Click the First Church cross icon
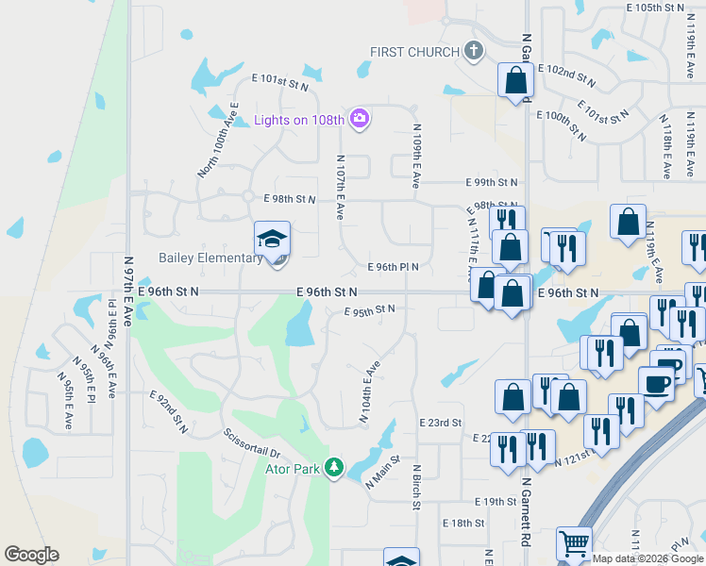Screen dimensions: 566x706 (474, 51)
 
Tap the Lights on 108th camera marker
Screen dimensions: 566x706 (359, 119)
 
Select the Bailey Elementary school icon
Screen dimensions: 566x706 (273, 238)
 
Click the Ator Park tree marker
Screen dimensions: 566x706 (332, 467)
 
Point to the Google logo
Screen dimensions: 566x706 (31, 555)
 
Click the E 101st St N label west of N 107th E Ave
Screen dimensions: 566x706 (280, 85)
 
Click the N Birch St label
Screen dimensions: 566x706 (415, 487)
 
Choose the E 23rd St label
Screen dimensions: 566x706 (441, 423)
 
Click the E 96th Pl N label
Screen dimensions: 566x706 (393, 267)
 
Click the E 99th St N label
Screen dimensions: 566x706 (492, 182)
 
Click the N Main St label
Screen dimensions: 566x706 (384, 472)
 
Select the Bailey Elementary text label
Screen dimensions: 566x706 (210, 258)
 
